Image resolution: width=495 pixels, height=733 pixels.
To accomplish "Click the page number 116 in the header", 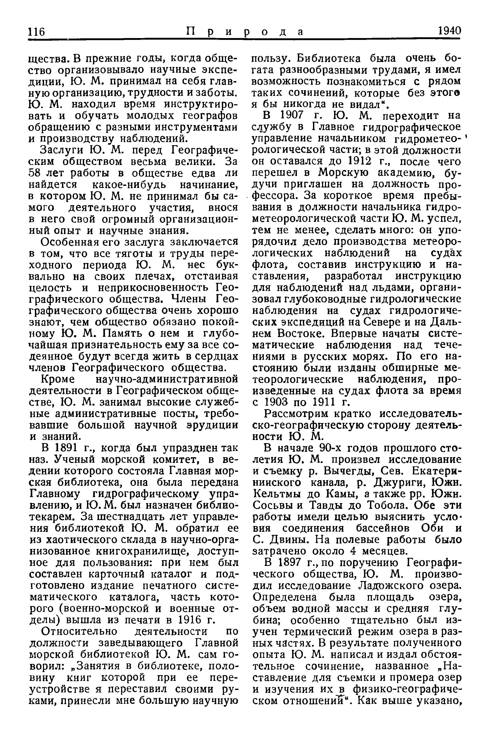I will tap(37, 32).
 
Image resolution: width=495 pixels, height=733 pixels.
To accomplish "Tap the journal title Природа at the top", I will tap(245, 32).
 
